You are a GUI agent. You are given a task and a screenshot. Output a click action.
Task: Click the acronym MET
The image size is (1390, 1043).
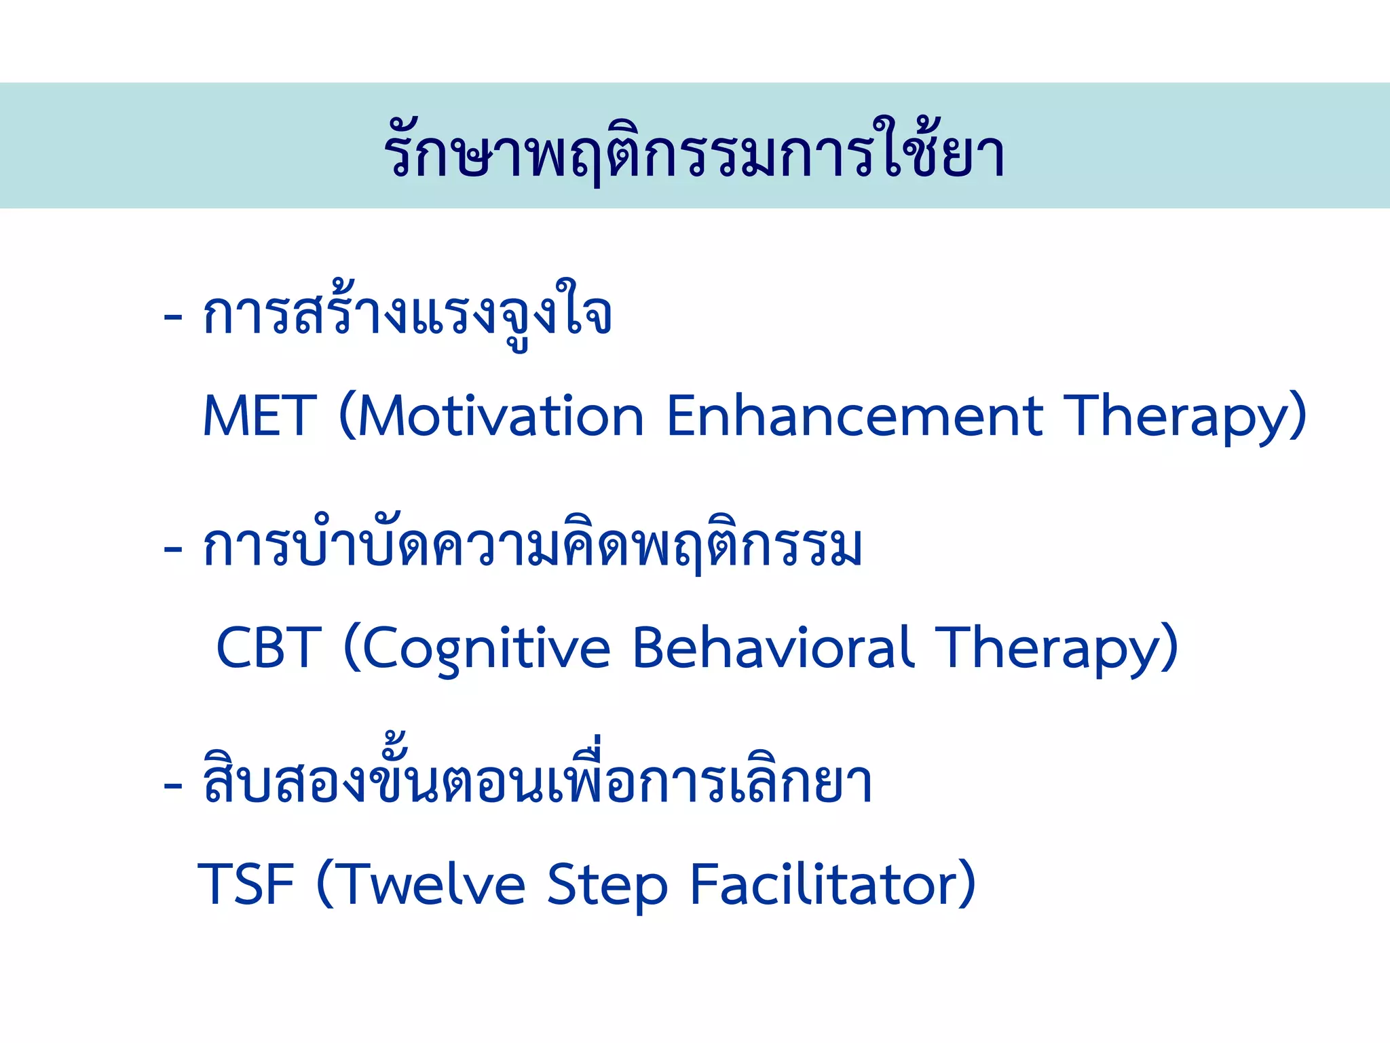tap(260, 415)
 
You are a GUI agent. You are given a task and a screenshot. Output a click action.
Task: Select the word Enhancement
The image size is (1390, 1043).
tap(854, 415)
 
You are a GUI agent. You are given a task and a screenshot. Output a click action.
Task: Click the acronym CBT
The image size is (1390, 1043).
tap(268, 647)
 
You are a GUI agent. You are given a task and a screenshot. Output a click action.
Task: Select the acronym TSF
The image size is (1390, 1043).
tap(246, 884)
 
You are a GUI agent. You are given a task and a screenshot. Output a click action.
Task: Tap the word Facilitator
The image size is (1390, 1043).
tap(825, 884)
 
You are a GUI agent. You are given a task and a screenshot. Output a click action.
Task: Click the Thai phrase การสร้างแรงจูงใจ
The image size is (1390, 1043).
tap(407, 316)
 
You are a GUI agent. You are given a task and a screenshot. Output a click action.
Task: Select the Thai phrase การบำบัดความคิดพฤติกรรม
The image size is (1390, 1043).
tap(533, 547)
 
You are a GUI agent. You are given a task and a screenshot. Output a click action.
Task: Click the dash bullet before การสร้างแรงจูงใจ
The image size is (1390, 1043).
tap(173, 317)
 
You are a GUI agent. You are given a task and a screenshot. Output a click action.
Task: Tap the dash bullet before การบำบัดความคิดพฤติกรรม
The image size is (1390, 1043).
tap(173, 548)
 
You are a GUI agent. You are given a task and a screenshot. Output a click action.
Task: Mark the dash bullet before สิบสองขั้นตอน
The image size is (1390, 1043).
tap(173, 784)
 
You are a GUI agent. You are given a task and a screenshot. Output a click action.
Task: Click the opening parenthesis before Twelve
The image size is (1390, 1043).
tap(325, 884)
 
